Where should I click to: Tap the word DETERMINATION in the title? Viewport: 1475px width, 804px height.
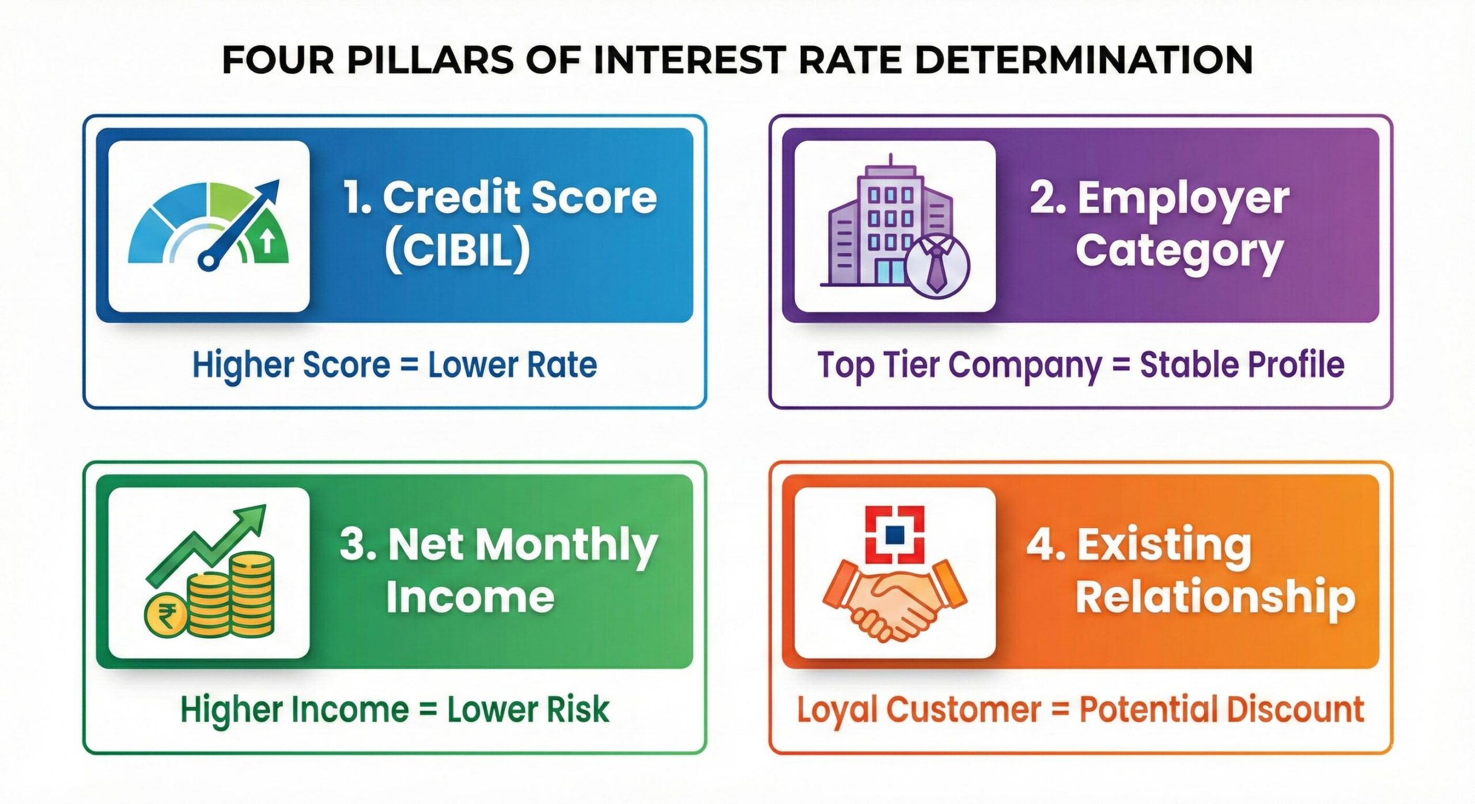coord(1083,59)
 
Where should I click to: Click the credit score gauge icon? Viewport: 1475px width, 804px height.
coord(209,226)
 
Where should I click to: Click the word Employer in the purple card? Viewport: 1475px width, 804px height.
coord(1183,200)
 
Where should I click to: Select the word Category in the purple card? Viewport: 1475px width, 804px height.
coord(1179,252)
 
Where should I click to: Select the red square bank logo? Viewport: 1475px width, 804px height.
coord(895,535)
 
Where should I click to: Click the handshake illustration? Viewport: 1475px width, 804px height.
coord(894,600)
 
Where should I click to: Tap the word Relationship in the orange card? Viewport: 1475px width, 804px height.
coord(1215,597)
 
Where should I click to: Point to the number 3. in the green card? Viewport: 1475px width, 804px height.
coord(357,544)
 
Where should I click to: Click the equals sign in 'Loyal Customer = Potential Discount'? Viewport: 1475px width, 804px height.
coord(1060,710)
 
